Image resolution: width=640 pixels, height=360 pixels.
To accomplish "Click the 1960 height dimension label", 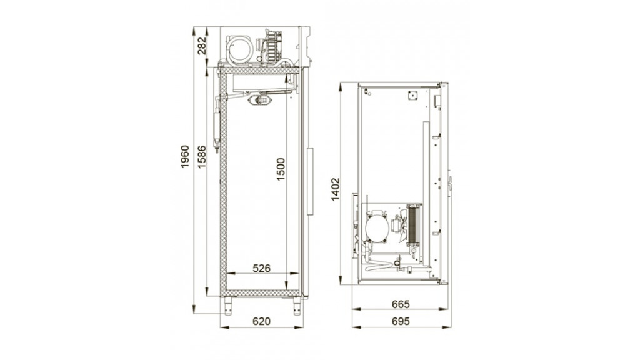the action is (185, 157).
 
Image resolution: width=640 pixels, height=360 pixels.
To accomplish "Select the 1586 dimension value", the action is (202, 157).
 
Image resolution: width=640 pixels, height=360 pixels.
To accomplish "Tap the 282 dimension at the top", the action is (202, 46).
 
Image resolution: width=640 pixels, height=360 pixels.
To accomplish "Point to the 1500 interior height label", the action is (281, 169).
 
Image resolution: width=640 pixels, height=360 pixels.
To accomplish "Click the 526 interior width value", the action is (262, 268).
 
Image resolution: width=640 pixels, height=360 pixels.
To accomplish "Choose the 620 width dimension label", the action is (261, 321).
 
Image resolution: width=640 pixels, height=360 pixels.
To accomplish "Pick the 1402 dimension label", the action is (335, 189).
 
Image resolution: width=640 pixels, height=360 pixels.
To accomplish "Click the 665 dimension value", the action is (401, 304).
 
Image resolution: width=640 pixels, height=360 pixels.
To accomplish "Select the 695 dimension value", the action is (401, 321).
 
